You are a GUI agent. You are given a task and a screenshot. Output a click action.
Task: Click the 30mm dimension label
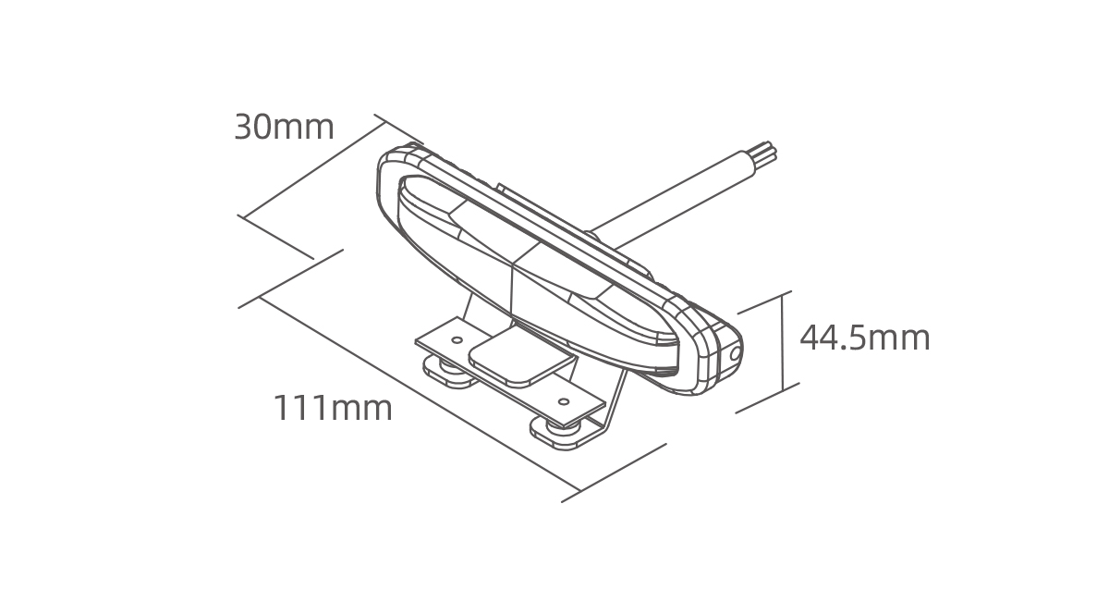point(285,128)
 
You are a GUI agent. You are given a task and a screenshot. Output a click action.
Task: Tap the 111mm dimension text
point(333,408)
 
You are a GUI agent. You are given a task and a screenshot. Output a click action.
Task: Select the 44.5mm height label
point(865,338)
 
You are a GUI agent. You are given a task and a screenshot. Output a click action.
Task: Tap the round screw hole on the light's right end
point(736,353)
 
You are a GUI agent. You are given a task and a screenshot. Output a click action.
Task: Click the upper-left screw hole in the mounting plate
point(457,340)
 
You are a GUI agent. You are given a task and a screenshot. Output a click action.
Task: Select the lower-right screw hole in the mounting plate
point(563,400)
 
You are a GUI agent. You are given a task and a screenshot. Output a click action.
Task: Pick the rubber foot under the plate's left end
point(449,373)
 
